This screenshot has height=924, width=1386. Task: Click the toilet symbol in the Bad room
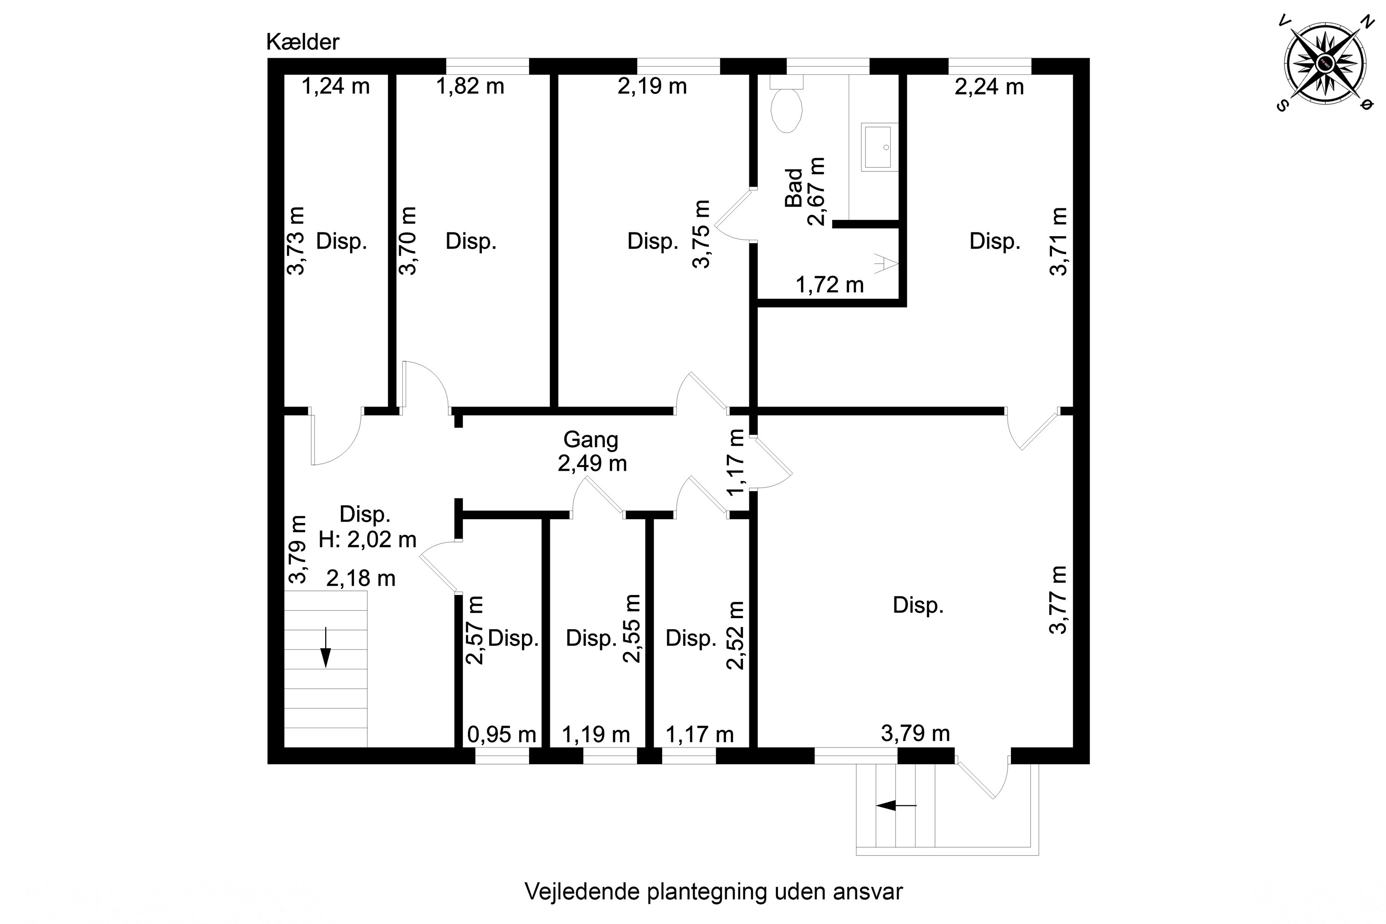(787, 109)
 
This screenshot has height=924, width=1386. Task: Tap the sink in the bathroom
(879, 147)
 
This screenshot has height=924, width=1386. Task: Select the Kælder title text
(303, 43)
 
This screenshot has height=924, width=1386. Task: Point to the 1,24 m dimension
(335, 87)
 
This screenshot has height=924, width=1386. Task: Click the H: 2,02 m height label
(368, 539)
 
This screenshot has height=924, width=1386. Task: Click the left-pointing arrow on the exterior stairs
(896, 805)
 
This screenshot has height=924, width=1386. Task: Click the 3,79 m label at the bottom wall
(915, 733)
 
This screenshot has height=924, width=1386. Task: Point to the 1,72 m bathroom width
(830, 285)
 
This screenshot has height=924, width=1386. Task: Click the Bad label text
(794, 188)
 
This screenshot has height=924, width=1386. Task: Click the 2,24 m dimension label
(989, 87)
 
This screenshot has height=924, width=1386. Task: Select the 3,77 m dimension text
(1058, 600)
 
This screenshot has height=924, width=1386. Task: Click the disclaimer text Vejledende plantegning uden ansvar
(713, 892)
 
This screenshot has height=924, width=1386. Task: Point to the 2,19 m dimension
(652, 87)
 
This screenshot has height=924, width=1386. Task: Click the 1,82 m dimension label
(470, 87)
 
